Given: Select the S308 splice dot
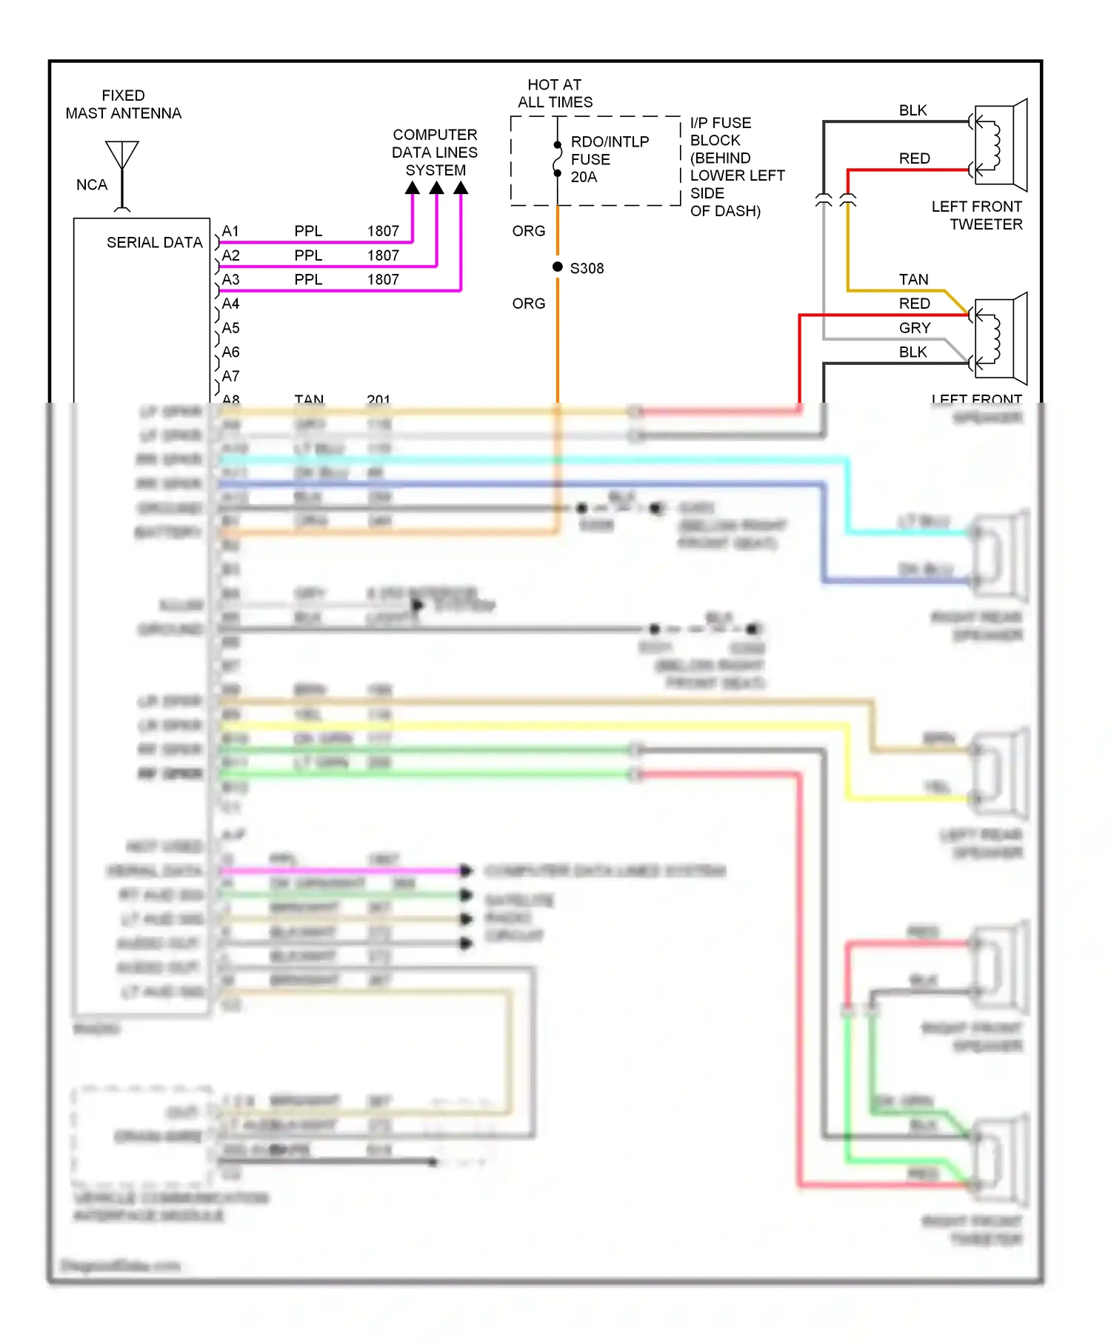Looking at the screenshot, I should (x=558, y=267).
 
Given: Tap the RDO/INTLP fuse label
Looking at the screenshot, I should (x=609, y=159).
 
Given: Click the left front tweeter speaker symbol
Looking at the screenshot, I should (x=1001, y=145).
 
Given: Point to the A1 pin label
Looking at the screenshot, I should (x=230, y=231).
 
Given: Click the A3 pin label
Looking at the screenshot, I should (x=230, y=280).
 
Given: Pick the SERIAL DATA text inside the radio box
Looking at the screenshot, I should (x=154, y=243).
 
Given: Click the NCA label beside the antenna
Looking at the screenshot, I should (x=92, y=185).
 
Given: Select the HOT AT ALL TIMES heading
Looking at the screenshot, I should (x=555, y=93).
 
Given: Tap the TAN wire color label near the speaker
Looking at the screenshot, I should (x=913, y=279).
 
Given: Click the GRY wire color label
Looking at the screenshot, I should (x=915, y=328).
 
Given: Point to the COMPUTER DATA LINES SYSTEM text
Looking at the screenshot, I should (x=435, y=153).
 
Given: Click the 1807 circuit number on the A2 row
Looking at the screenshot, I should (x=383, y=255).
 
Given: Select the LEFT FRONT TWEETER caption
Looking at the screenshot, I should (x=977, y=215).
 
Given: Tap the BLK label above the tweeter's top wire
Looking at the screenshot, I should (x=913, y=110).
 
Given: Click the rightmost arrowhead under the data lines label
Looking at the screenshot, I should (x=461, y=188).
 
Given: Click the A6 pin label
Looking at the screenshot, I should (x=230, y=352).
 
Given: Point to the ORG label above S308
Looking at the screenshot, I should (x=528, y=231).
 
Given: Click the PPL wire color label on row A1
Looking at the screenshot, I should (x=308, y=231).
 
